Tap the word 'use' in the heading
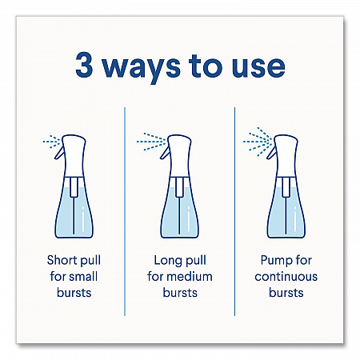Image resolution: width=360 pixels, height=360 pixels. (258, 68)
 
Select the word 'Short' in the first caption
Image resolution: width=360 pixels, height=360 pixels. (62, 260)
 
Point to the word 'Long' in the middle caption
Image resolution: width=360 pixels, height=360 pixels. (167, 261)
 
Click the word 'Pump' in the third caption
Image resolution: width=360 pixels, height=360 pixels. (274, 261)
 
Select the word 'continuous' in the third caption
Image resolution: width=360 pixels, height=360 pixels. (286, 277)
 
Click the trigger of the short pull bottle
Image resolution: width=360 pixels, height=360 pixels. (59, 154)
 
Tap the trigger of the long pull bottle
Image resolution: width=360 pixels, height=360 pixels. (165, 154)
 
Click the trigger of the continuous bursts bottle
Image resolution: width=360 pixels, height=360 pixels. (271, 154)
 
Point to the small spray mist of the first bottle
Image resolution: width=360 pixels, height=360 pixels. (52, 142)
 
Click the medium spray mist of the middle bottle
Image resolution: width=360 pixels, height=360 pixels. (151, 142)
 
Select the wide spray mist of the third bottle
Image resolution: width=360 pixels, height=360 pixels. (258, 142)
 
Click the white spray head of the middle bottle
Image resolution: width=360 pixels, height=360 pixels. (180, 155)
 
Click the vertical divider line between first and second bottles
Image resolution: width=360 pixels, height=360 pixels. (125, 211)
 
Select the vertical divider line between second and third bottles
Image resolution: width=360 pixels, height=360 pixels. (234, 211)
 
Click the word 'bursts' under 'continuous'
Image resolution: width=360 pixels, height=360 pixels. (286, 293)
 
